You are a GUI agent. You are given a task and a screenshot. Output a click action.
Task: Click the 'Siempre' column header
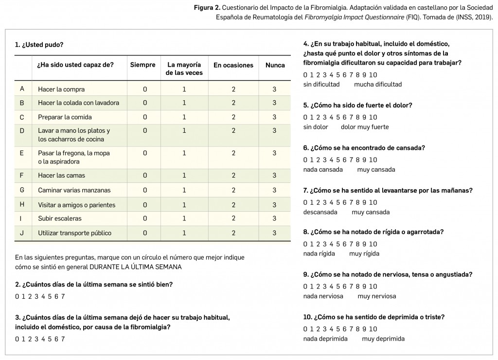[x=142, y=65]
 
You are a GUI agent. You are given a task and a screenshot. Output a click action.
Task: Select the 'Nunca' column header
[x=275, y=65]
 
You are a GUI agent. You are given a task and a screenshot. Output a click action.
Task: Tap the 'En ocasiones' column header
[x=233, y=65]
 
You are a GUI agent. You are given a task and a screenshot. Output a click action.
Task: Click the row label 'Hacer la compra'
[x=61, y=89]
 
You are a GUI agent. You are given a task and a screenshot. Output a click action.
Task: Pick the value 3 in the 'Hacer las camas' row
[x=274, y=175]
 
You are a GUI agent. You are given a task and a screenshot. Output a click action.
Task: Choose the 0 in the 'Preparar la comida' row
[x=145, y=117]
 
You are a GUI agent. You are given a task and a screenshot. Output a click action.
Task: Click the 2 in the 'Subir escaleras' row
[x=233, y=218]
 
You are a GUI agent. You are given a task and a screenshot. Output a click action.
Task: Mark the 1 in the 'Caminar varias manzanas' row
[x=184, y=190]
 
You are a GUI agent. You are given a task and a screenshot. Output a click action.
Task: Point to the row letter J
[x=22, y=233]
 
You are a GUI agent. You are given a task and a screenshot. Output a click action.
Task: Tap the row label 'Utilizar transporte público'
[x=74, y=233]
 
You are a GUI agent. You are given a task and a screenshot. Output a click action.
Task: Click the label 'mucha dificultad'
[x=378, y=84]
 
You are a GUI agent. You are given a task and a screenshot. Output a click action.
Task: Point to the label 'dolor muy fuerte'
[x=365, y=127]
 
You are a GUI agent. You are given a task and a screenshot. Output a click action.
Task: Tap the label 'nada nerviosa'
[x=323, y=296]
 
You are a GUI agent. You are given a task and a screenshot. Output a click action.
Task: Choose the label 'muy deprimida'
[x=383, y=339]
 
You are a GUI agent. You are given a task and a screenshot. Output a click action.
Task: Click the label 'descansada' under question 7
[x=320, y=212]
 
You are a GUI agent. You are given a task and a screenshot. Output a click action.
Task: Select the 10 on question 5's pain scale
[x=373, y=117]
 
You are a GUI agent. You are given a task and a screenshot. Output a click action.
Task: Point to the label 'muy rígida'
[x=364, y=253]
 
